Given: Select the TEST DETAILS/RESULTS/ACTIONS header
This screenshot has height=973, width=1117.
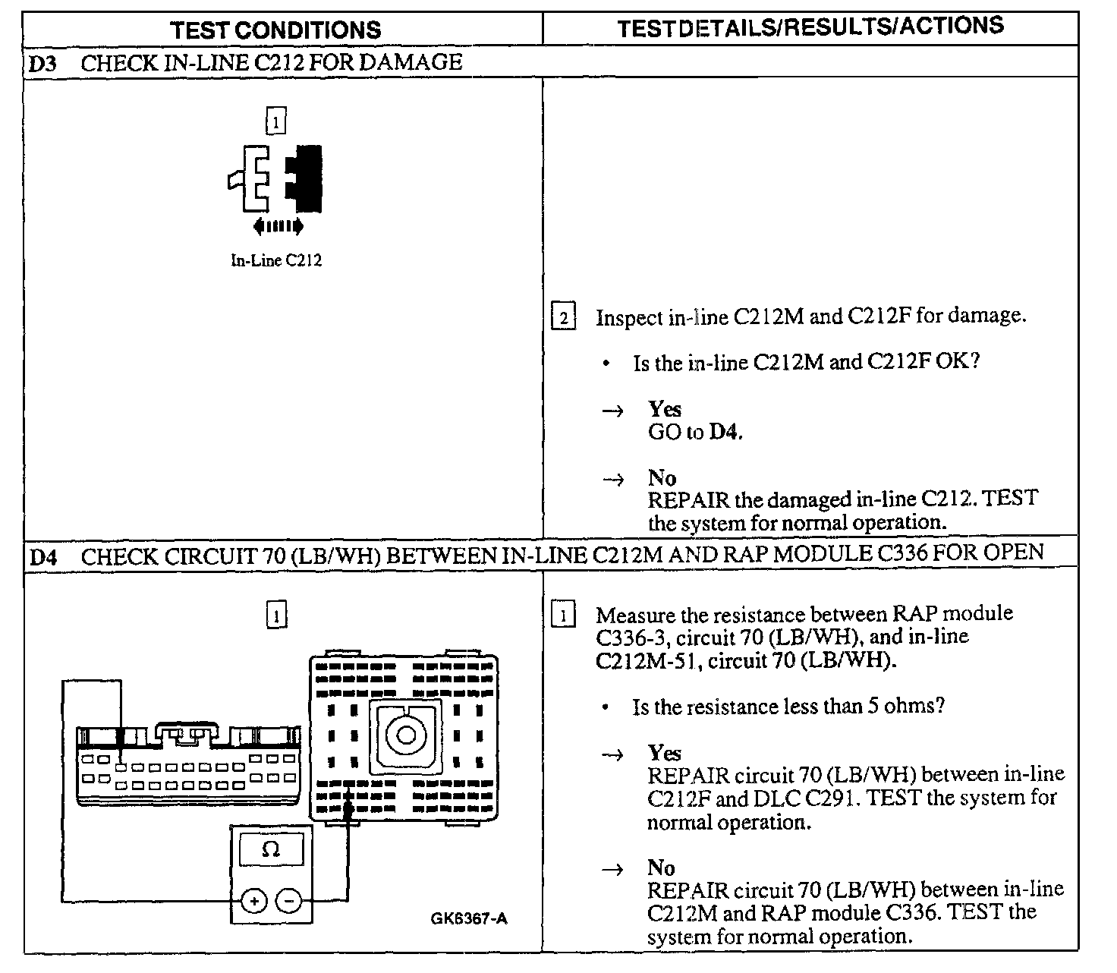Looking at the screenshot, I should pyautogui.click(x=810, y=27).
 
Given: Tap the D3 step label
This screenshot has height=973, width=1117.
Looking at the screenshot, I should pyautogui.click(x=42, y=63).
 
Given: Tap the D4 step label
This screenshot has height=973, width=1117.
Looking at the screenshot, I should pyautogui.click(x=42, y=556).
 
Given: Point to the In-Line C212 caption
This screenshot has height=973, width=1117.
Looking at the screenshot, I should pyautogui.click(x=276, y=260).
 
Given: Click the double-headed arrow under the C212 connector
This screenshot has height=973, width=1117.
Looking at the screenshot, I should pyautogui.click(x=278, y=225).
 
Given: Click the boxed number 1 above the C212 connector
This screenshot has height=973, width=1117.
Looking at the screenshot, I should pyautogui.click(x=276, y=120).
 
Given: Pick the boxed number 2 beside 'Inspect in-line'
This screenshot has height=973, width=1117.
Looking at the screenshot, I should pyautogui.click(x=562, y=316).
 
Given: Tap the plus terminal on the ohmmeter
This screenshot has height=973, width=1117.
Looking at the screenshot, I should pyautogui.click(x=254, y=902).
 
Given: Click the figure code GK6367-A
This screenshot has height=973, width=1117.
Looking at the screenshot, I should pyautogui.click(x=470, y=919).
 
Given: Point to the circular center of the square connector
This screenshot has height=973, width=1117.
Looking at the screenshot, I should pyautogui.click(x=404, y=735).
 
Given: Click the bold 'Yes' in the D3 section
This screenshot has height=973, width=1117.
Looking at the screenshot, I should pyautogui.click(x=664, y=409).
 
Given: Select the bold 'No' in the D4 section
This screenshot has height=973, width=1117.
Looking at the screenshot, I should pyautogui.click(x=661, y=867).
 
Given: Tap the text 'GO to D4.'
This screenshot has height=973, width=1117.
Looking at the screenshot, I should pyautogui.click(x=695, y=433).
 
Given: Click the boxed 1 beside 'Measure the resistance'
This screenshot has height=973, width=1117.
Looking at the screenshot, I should pyautogui.click(x=562, y=614).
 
